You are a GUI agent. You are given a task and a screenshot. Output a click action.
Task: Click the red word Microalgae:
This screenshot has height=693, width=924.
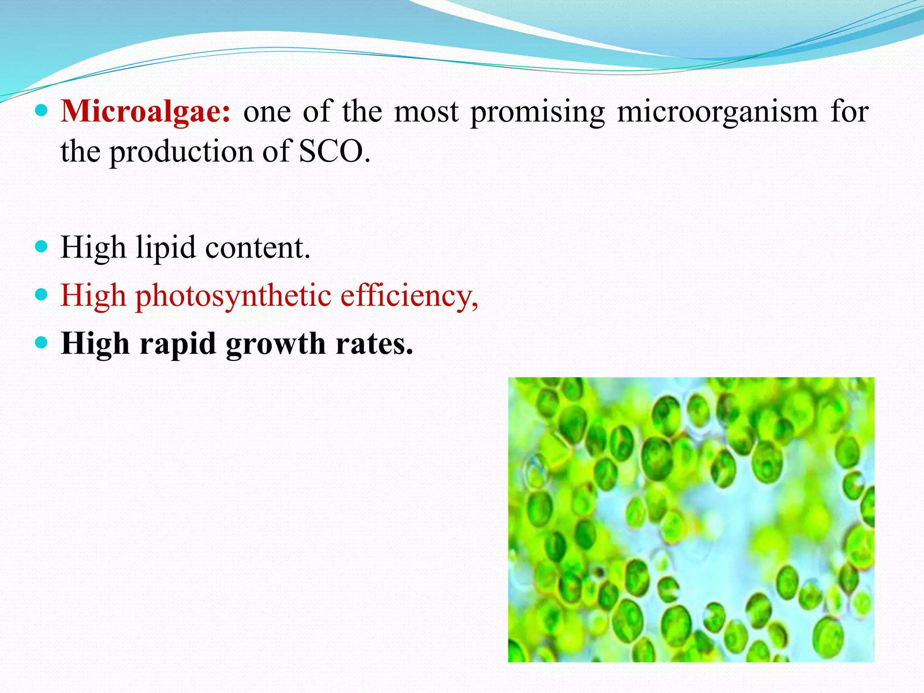tap(145, 111)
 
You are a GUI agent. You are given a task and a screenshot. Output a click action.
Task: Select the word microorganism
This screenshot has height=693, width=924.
tap(717, 111)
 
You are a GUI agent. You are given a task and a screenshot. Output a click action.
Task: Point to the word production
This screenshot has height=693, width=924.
tap(181, 152)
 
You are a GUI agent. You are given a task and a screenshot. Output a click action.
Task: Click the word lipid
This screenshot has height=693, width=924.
tap(166, 249)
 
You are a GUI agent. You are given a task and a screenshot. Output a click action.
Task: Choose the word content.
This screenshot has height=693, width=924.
tap(257, 248)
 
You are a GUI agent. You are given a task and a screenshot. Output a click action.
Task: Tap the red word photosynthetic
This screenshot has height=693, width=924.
tap(233, 297)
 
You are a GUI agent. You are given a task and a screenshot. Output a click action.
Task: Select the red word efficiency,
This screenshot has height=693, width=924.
tap(409, 297)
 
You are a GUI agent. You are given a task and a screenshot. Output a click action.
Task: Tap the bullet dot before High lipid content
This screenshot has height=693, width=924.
tap(41, 246)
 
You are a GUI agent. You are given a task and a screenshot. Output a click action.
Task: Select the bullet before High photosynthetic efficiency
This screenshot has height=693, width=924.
tap(41, 295)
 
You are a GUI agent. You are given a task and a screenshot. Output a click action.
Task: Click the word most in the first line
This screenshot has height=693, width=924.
tap(426, 111)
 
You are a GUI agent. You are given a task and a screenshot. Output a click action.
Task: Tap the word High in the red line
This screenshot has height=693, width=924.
tap(93, 297)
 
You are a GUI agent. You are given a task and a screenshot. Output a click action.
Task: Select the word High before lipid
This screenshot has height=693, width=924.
tap(93, 249)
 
